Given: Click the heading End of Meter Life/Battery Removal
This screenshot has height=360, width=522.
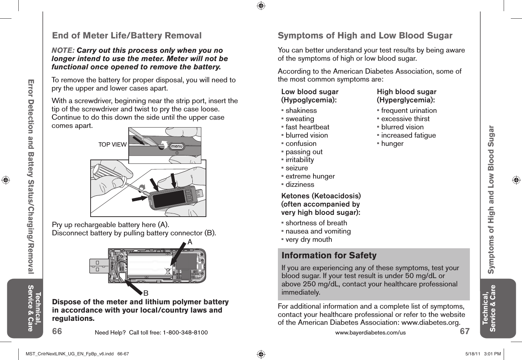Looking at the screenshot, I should (x=127, y=36).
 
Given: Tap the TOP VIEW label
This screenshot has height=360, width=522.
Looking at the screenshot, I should (x=113, y=144).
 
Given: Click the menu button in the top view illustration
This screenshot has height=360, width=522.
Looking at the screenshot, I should (x=177, y=146).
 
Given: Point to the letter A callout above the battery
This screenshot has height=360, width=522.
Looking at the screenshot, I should (x=190, y=242).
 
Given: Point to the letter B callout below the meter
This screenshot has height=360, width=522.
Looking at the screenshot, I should (x=146, y=294).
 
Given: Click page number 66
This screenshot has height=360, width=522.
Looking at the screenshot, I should (x=57, y=331).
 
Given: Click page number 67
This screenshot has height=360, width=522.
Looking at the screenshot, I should (x=464, y=331).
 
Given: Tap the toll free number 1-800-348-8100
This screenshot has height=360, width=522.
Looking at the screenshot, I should (x=185, y=332).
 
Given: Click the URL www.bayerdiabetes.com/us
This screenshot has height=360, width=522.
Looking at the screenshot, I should (x=370, y=332).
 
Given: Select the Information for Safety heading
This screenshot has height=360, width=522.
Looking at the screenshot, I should (x=329, y=255).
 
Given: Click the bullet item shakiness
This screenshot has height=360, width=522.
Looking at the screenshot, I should (x=301, y=111).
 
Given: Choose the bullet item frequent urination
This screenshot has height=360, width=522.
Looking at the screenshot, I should (x=409, y=111).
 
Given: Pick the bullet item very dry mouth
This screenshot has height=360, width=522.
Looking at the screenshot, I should (x=308, y=240).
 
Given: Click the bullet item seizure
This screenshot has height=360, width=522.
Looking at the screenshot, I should (x=297, y=168).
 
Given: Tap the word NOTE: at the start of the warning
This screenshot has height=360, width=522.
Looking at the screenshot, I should (x=63, y=50).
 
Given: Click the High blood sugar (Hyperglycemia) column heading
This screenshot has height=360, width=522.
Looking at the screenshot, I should (x=406, y=96).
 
